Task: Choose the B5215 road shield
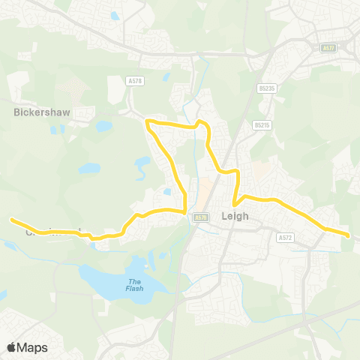260,125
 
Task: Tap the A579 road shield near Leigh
199,217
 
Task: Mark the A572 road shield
284,236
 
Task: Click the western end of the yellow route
11,219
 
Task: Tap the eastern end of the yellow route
349,235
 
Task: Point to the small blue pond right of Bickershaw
103,127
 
